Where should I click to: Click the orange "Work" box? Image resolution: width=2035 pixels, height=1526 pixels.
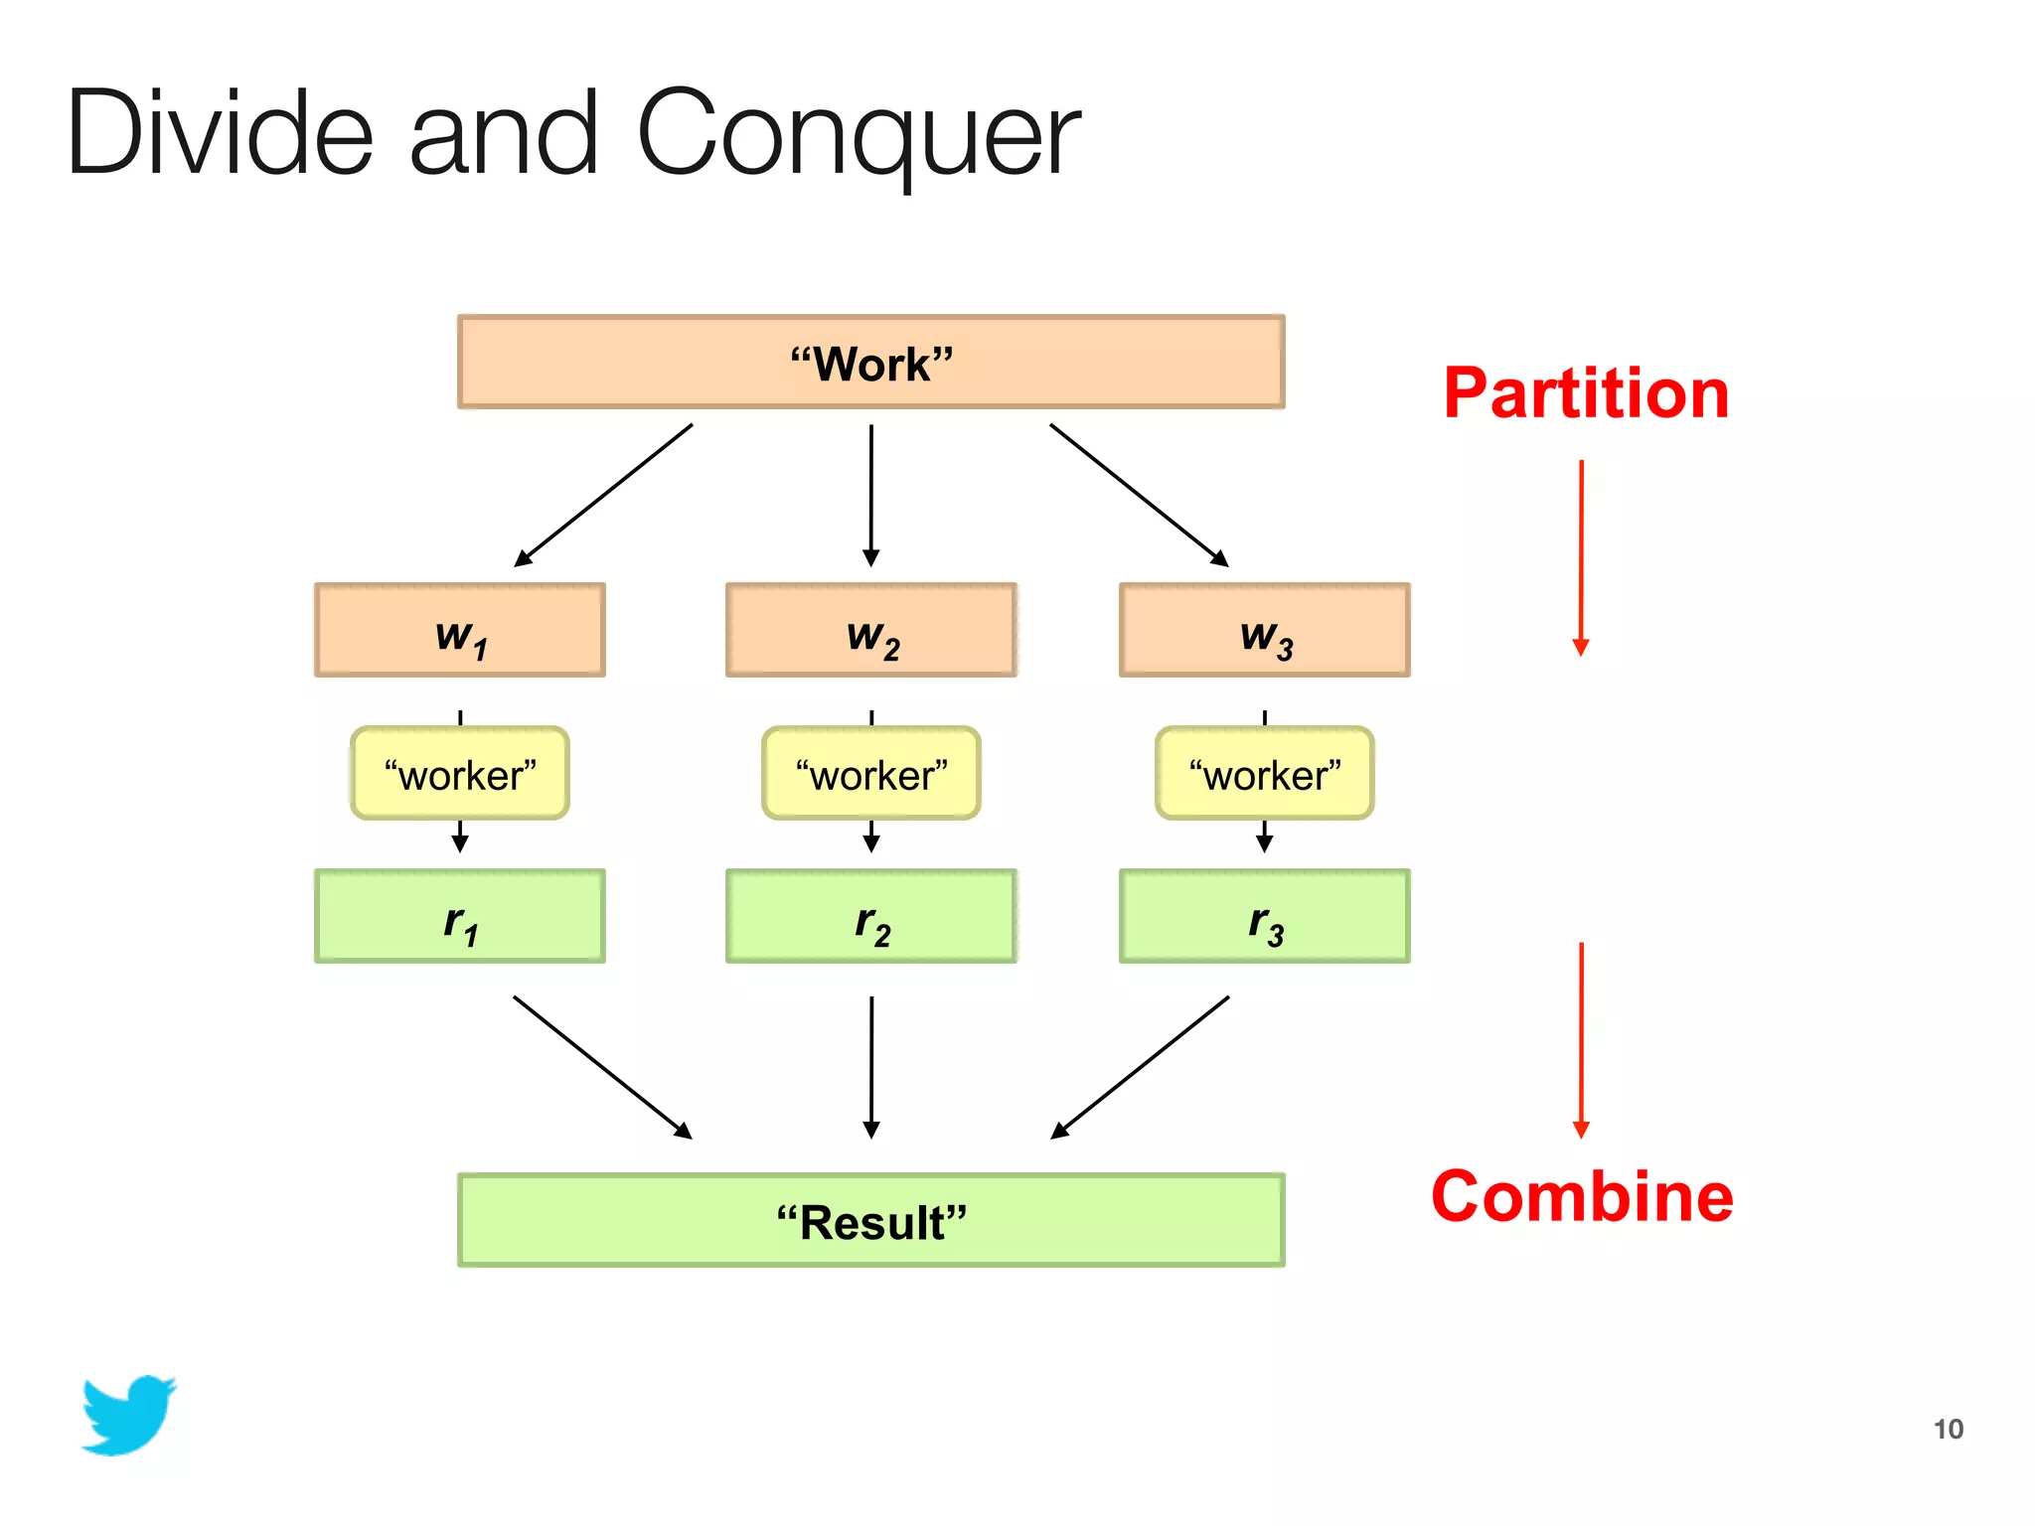click(870, 362)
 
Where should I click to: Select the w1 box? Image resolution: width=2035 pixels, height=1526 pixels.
click(459, 630)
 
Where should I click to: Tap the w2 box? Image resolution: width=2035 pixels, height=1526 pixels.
click(870, 630)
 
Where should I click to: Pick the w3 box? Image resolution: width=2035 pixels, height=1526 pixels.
click(1264, 630)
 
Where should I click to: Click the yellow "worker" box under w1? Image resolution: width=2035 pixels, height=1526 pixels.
click(459, 774)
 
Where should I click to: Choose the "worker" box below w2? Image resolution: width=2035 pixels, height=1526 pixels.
click(870, 774)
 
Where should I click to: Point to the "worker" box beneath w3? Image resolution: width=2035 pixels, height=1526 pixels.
click(1264, 774)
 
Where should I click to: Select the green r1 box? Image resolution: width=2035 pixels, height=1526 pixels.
click(459, 916)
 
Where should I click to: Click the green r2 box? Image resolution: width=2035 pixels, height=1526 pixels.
click(870, 916)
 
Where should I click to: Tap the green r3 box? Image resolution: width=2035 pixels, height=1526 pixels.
click(1264, 916)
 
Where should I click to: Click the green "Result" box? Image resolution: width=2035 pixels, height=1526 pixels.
click(870, 1220)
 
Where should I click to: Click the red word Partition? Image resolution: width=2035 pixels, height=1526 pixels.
click(1586, 393)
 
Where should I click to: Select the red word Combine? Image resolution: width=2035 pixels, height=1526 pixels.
click(1582, 1196)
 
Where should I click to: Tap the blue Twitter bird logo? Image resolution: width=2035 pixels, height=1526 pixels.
click(128, 1415)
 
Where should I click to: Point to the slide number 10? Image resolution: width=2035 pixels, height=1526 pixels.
click(1948, 1429)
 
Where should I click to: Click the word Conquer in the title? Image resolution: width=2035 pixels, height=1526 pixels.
click(859, 134)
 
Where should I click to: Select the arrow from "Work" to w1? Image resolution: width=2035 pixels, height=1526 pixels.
click(603, 495)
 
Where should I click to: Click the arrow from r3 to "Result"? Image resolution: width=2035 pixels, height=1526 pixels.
click(1140, 1067)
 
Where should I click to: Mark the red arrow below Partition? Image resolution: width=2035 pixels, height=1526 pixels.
click(1581, 556)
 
